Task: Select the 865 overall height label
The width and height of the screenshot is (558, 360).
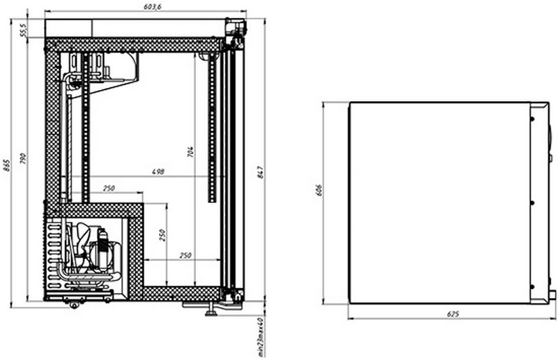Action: click(x=6, y=165)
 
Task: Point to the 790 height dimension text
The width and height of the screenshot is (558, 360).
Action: click(x=22, y=159)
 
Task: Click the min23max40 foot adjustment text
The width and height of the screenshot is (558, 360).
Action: click(x=259, y=336)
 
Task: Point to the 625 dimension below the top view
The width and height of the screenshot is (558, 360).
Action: click(x=452, y=315)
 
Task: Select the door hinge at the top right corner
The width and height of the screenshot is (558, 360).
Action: click(x=239, y=28)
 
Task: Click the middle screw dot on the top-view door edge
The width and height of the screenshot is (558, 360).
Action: click(x=533, y=203)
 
